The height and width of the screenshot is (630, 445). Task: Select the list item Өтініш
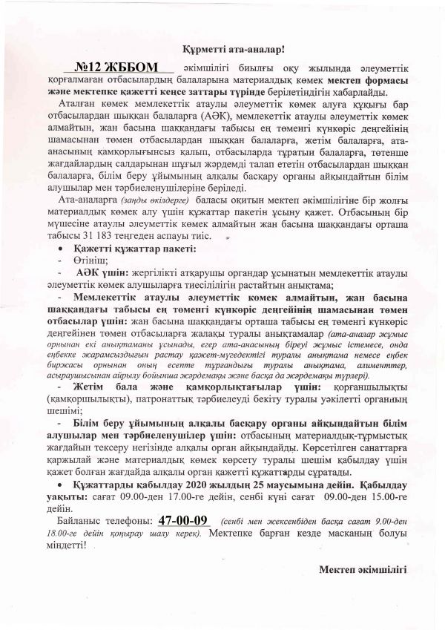[x=93, y=260]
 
